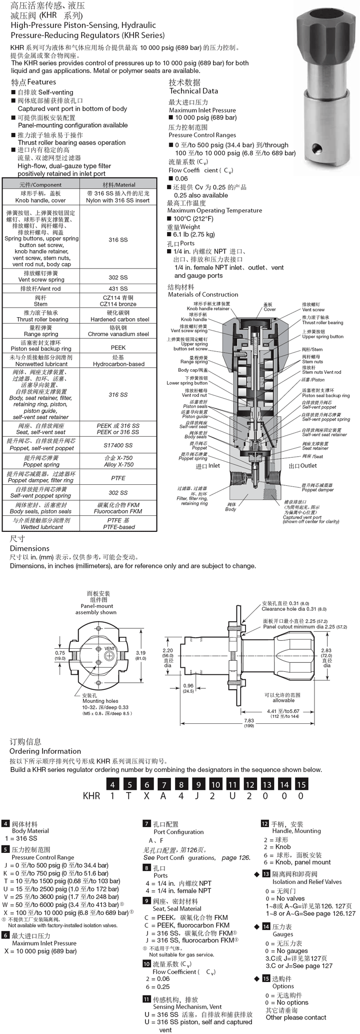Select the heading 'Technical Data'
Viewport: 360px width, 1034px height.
193,91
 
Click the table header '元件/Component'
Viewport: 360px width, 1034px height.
41,185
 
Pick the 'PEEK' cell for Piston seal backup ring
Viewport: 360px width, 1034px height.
118,347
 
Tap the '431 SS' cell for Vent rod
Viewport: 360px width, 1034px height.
118,289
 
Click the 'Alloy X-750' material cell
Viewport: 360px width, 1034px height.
118,465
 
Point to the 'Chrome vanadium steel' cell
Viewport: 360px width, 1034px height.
118,334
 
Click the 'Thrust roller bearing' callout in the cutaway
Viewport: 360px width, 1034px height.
322,323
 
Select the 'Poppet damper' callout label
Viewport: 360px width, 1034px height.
317,490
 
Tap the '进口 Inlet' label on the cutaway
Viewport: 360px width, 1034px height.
207,466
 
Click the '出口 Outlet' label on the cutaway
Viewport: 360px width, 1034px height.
302,466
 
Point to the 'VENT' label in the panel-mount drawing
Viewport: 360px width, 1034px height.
110,648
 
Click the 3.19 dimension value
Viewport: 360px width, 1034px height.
140,653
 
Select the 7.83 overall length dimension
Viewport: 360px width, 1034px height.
249,721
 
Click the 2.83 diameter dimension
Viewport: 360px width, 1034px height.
326,651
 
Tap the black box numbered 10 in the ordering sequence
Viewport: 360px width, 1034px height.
215,784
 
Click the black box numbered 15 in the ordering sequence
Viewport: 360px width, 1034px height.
301,784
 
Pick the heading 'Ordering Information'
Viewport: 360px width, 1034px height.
45,751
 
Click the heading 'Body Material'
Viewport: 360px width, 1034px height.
30,831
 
